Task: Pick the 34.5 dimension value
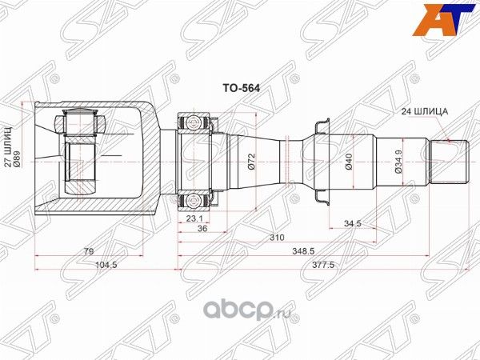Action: point(354,222)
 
